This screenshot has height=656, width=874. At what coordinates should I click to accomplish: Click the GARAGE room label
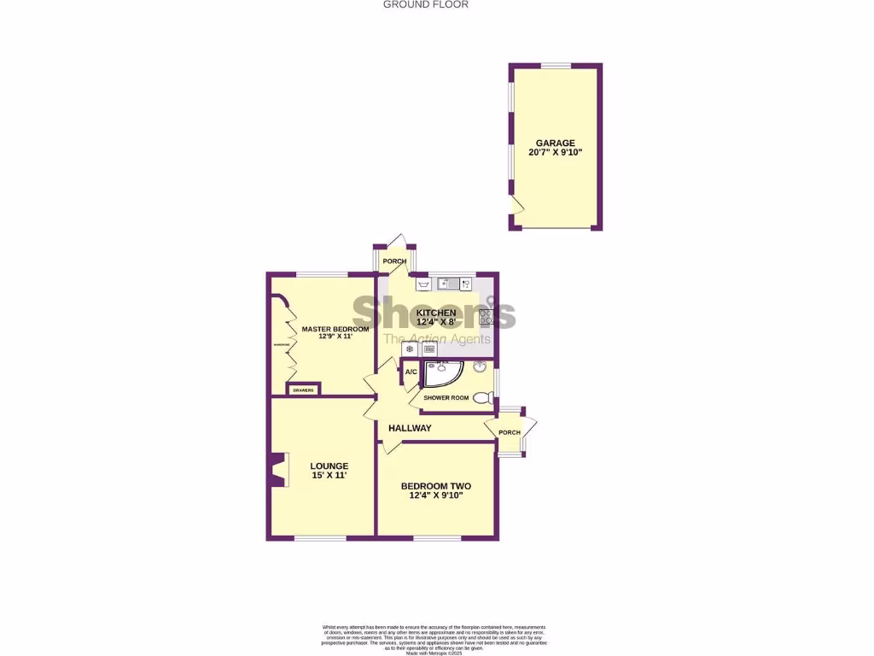coord(555,143)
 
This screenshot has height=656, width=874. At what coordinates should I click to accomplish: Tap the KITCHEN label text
coord(436,313)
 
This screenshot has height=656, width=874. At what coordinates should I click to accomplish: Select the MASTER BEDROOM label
coord(335,329)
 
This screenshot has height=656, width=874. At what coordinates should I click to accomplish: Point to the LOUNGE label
coord(329,466)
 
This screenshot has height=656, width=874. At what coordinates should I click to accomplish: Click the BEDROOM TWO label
coord(435,486)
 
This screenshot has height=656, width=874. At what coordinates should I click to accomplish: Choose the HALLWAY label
coord(410,428)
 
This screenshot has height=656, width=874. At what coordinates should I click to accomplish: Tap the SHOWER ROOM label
coord(446,398)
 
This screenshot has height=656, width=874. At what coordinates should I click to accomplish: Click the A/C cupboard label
coord(411,372)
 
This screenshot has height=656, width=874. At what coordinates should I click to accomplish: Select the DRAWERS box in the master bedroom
coord(303,390)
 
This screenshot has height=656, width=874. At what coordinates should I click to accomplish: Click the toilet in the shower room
coord(483,397)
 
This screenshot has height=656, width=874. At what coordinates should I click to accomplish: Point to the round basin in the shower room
coord(481,368)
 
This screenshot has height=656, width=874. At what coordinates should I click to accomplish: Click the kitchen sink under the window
coord(451,283)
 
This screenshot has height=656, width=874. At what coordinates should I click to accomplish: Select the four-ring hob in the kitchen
coord(487,317)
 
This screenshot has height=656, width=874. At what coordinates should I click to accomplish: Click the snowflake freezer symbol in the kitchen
coord(410,348)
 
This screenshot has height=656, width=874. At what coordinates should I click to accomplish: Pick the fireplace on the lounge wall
coord(277,470)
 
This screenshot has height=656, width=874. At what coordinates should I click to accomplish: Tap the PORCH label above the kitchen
coord(394,261)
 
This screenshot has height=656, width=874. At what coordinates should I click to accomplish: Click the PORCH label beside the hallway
coord(510,432)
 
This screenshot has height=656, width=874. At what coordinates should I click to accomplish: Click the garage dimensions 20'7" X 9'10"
coord(555,154)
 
